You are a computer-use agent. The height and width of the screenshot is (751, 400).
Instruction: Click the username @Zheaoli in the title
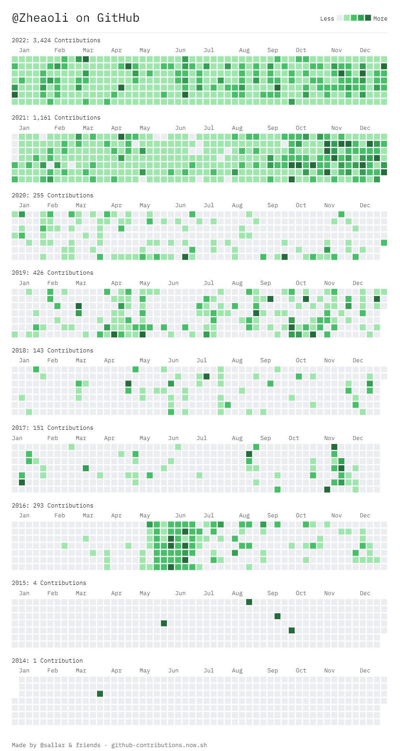[x=40, y=18]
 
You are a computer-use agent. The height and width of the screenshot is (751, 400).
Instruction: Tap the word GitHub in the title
[x=118, y=18]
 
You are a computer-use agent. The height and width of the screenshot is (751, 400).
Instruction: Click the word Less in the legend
[x=327, y=19]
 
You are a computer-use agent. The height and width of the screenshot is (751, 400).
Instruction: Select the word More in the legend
[x=380, y=19]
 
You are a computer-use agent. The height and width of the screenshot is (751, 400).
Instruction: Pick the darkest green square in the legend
[x=368, y=18]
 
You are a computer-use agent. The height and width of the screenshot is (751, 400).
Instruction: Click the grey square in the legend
[x=340, y=18]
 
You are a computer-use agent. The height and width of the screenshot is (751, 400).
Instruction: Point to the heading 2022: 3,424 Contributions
[x=56, y=40]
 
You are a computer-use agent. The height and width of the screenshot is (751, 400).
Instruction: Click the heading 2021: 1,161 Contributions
[x=56, y=118]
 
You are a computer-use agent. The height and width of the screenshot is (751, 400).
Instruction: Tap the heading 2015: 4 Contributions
[x=49, y=583]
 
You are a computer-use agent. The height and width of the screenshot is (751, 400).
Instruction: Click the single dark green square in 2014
[x=100, y=694]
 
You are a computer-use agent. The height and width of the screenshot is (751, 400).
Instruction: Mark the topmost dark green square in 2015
[x=249, y=602]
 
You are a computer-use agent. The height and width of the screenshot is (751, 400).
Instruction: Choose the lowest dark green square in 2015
[x=292, y=631]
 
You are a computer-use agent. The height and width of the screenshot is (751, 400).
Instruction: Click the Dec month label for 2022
[x=365, y=50]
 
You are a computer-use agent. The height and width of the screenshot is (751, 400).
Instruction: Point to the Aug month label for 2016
[x=244, y=515]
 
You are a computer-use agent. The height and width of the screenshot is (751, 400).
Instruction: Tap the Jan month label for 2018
[x=24, y=360]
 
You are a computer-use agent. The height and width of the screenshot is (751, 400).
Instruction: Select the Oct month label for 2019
[x=301, y=283]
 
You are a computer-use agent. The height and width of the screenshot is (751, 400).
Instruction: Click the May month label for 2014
[x=145, y=670]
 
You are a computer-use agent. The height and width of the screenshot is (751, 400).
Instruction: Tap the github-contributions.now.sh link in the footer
[x=159, y=745]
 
